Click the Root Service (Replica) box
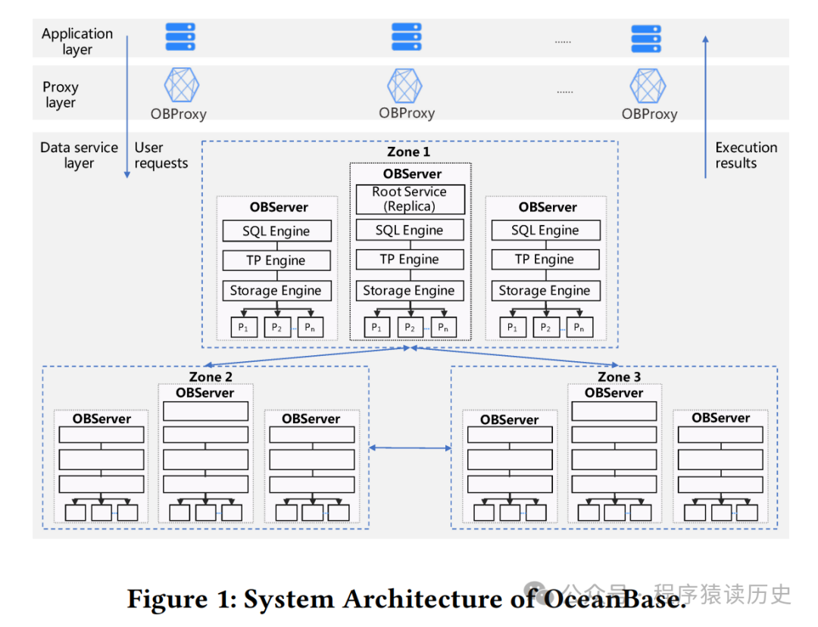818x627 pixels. [409, 199]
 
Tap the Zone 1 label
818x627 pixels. [408, 151]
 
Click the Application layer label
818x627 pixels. [77, 42]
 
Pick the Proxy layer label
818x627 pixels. [61, 95]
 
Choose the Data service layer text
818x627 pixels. [79, 155]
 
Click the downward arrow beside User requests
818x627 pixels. [126, 106]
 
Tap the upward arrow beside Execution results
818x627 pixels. [705, 106]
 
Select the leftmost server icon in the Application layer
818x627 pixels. [180, 37]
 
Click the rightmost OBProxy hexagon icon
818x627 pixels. [648, 86]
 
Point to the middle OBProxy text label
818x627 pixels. [407, 114]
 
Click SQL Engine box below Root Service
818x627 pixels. [409, 230]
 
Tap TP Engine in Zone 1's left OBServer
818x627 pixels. [276, 260]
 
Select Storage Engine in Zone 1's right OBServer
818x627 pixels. [545, 291]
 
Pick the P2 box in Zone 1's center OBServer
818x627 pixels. [409, 327]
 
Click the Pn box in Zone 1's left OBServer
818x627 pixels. [308, 327]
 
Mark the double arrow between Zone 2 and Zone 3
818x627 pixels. [410, 448]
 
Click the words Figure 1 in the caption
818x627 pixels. [180, 599]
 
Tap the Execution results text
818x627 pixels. [746, 155]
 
